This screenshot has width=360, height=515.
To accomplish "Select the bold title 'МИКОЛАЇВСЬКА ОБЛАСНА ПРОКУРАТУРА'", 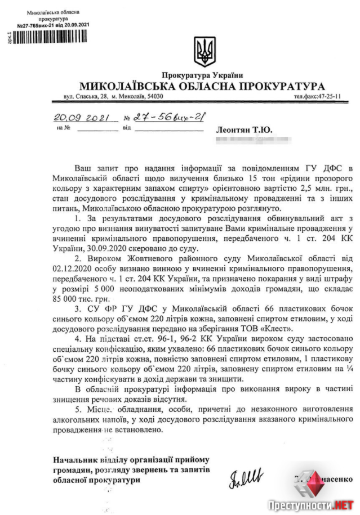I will click(202, 86).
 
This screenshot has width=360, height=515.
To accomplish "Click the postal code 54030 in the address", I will click(154, 97).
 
